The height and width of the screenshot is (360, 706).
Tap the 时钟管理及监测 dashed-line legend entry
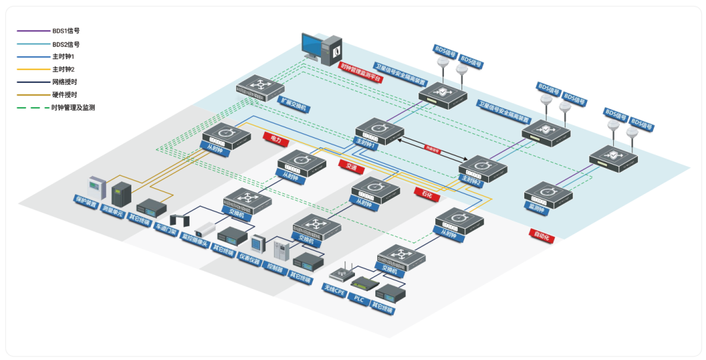click(73, 107)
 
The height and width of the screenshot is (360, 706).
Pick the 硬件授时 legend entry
click(64, 95)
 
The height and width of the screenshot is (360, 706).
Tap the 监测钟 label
click(538, 205)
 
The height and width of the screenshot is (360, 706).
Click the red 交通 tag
click(351, 167)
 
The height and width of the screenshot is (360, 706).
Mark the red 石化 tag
click(427, 193)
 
